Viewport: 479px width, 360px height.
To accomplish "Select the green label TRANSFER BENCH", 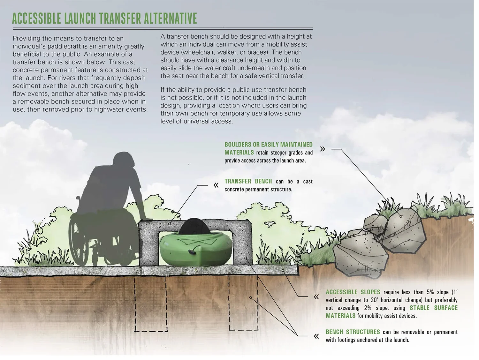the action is (248, 181).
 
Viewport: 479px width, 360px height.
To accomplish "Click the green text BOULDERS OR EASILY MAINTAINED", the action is (268, 145).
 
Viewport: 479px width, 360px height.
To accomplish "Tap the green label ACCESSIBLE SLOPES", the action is (353, 292).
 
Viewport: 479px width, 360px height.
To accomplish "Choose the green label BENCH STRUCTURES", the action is (353, 332).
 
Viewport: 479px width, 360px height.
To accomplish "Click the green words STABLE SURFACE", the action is (433, 308).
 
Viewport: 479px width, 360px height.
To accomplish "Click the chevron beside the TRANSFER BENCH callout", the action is (216, 185).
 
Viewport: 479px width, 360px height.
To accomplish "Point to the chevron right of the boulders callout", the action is (323, 149).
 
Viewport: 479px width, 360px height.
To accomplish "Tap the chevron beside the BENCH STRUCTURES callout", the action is (316, 336).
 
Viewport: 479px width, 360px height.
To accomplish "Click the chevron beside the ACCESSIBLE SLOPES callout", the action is (316, 297).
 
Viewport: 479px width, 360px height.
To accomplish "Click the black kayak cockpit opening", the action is (194, 225).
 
